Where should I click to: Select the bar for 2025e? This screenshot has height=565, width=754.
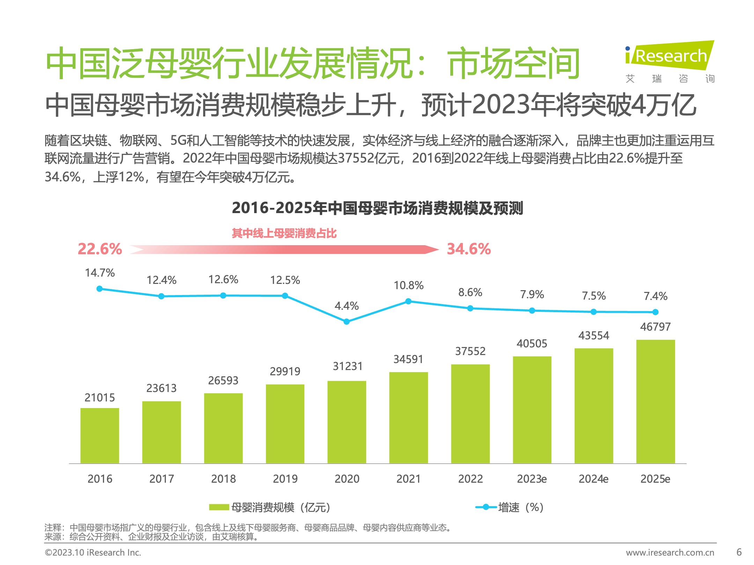point(655,401)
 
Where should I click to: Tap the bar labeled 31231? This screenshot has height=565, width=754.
point(347,422)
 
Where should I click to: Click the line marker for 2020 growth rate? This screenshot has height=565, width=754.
point(347,322)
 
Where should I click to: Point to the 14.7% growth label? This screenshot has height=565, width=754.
point(100,273)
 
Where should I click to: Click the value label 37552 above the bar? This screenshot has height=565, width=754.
point(470,351)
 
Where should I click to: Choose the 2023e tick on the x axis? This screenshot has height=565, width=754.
point(532,479)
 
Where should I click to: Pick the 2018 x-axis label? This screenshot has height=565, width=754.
point(223,479)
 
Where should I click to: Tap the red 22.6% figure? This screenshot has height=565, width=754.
point(100,249)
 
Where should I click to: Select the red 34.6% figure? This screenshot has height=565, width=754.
point(469,249)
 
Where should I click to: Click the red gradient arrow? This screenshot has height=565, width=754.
point(284,249)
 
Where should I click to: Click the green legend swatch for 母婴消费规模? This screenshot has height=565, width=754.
point(219,507)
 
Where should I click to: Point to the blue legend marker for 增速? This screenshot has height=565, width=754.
point(486,507)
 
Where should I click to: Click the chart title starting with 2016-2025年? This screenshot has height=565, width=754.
point(377,208)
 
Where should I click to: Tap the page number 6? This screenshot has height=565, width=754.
point(739,552)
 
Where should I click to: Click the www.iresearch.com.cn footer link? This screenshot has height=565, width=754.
point(670,552)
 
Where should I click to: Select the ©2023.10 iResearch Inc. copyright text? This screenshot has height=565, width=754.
point(93,552)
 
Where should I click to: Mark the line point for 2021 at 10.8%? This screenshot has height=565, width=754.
point(408,301)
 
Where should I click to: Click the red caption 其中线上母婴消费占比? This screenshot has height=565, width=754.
point(284,233)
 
